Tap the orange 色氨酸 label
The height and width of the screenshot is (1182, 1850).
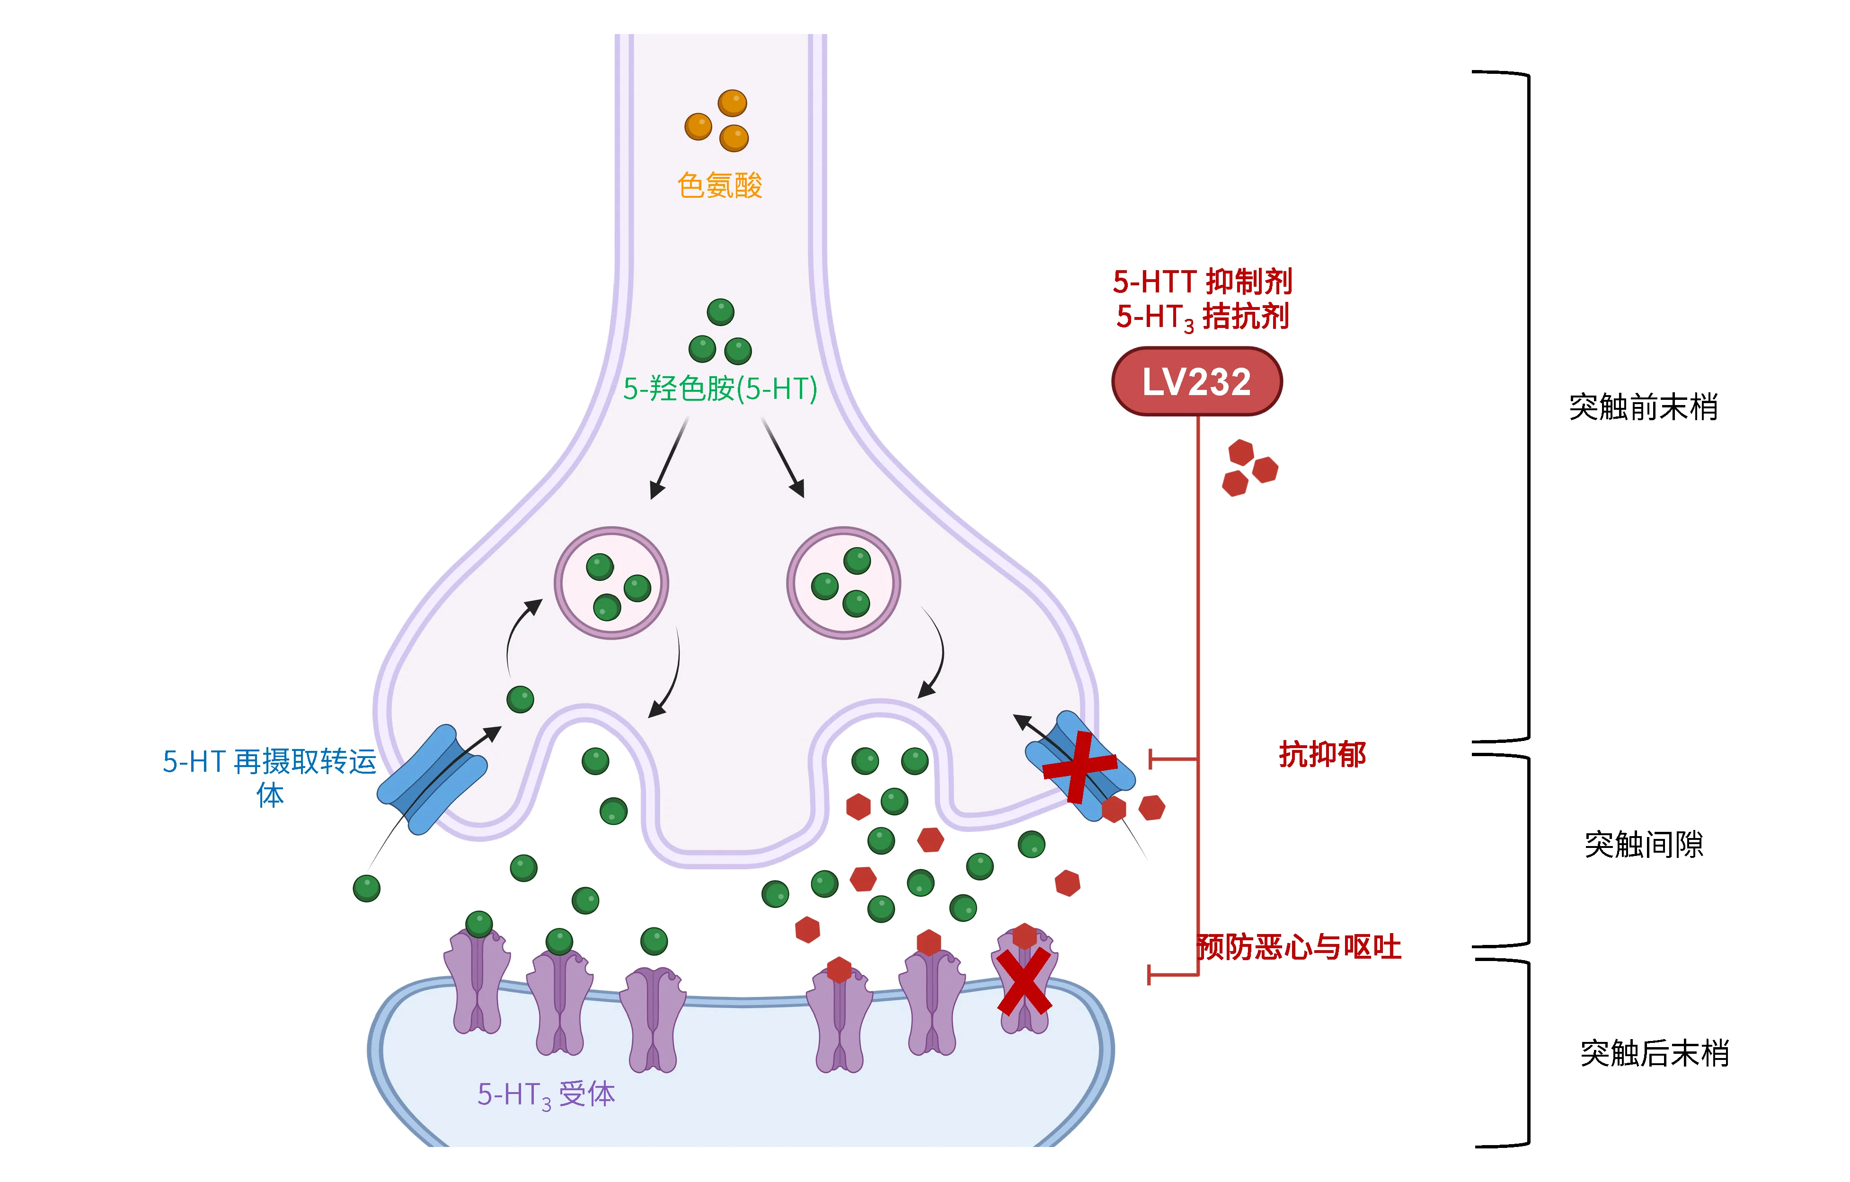720,186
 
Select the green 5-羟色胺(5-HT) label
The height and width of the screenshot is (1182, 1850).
720,388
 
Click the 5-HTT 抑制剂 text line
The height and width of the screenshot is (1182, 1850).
1203,282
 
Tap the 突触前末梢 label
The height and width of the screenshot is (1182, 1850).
1643,407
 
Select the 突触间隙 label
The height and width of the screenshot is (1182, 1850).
1643,845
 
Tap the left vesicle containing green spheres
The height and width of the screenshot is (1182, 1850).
611,583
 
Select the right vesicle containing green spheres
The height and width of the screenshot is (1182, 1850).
843,583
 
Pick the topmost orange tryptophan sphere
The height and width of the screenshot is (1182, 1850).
732,103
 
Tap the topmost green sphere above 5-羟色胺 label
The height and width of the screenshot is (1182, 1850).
721,312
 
